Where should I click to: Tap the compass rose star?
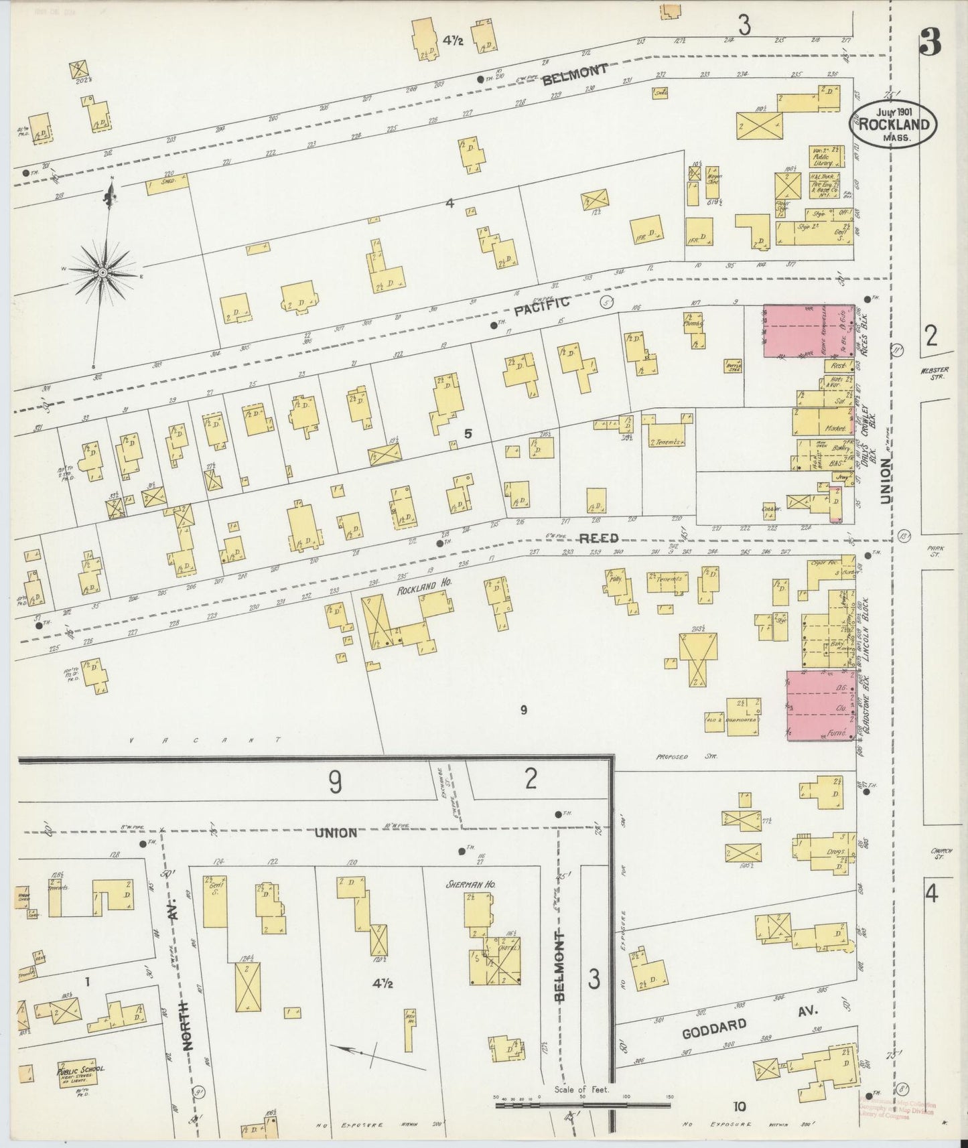[103, 273]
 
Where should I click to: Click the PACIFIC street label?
[542, 307]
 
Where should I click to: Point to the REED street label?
[598, 538]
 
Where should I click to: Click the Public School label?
[80, 1070]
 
